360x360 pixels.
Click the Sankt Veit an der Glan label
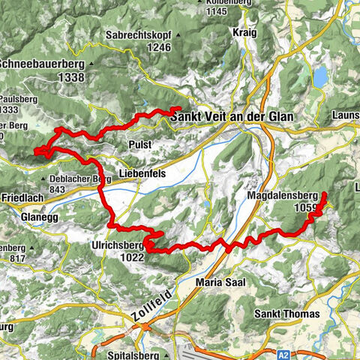(232, 118)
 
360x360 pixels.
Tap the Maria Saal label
(220, 282)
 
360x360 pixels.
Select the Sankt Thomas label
(286, 313)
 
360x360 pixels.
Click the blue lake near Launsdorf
(320, 76)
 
